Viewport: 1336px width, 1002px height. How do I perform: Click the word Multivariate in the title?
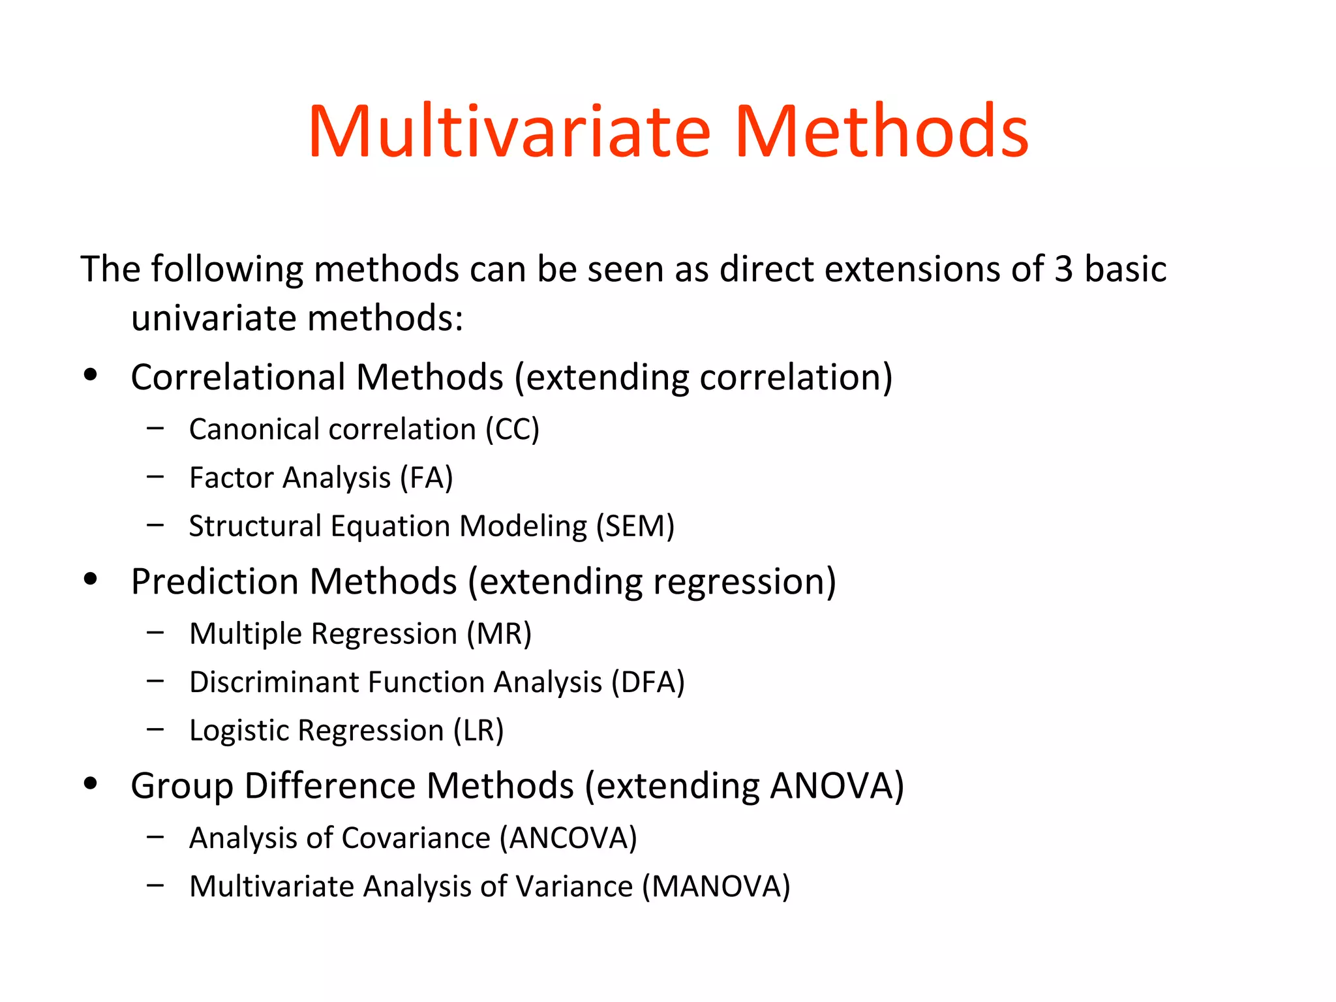[x=509, y=132]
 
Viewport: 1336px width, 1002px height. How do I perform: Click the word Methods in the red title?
[x=881, y=132]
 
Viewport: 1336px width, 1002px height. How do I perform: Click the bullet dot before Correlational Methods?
[x=91, y=375]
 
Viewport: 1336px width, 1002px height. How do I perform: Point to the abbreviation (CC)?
[x=512, y=430]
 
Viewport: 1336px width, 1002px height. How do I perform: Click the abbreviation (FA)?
[x=427, y=478]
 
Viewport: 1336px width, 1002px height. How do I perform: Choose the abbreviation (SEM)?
[x=635, y=526]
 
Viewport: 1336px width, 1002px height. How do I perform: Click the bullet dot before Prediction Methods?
[x=91, y=579]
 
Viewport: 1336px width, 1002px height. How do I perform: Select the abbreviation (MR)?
[x=499, y=634]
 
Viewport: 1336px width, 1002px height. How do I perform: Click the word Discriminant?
[x=273, y=682]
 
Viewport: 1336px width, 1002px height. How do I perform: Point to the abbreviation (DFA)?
[x=648, y=682]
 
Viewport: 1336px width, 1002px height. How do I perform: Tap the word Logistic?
[x=239, y=731]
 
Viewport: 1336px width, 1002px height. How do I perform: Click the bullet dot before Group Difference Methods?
[x=91, y=783]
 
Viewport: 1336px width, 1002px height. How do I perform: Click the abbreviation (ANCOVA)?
[x=568, y=838]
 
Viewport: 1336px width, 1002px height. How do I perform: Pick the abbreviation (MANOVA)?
[x=716, y=887]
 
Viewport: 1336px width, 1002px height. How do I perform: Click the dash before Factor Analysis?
[x=155, y=477]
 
